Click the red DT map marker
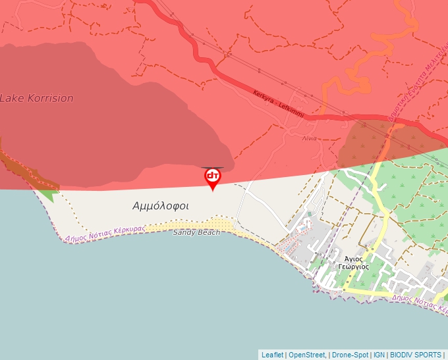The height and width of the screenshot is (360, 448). point(212,178)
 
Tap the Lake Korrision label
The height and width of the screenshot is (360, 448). point(36,98)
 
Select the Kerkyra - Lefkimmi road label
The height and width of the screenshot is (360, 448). point(278,104)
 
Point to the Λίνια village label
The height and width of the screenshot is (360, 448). point(310,138)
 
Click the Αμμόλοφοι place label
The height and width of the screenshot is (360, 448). point(161,206)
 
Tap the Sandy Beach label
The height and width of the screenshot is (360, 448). point(196,232)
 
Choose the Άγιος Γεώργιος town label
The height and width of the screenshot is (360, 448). point(353,263)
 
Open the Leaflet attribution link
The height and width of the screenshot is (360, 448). point(272,355)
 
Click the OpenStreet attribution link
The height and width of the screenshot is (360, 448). point(307,355)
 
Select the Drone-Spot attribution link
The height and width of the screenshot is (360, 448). point(350,355)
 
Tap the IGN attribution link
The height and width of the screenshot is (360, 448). point(379,355)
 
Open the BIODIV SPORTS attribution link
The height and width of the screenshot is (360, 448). point(416,355)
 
